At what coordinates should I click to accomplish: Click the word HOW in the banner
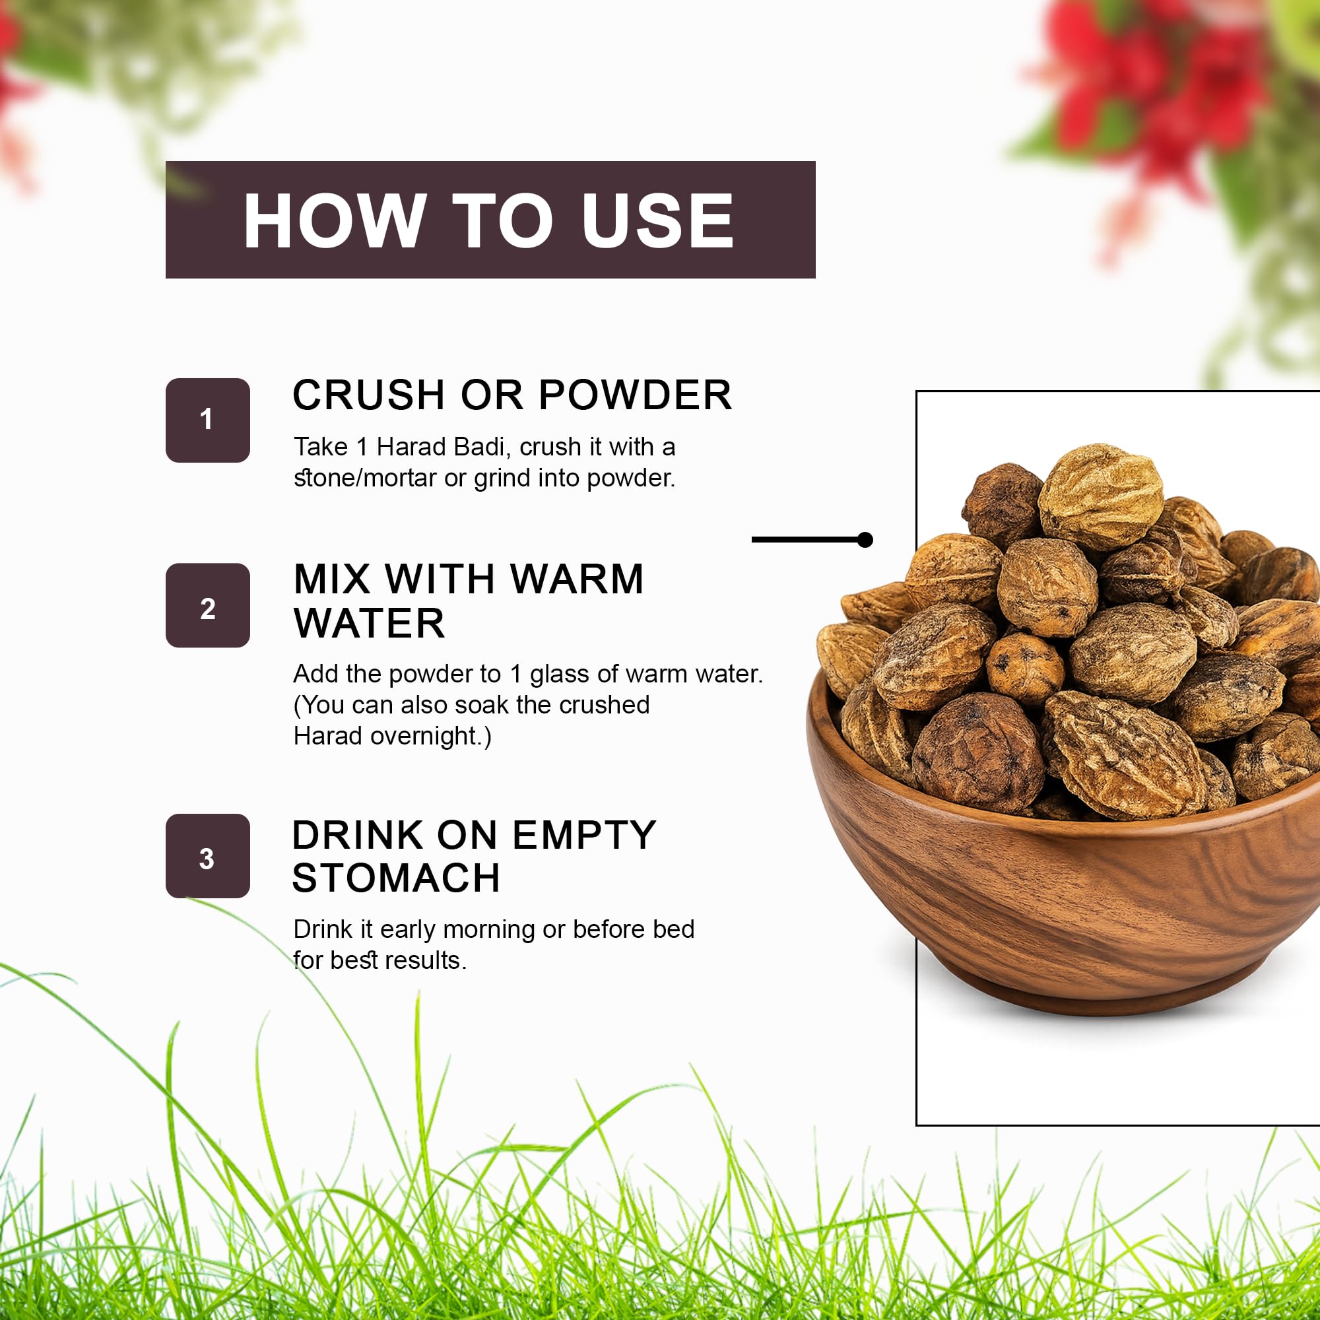pos(335,220)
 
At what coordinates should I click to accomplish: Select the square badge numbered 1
pos(208,420)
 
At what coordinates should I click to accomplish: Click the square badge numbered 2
pos(208,605)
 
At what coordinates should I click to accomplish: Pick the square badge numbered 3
pos(208,856)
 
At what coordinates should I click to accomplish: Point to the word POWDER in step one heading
pos(636,395)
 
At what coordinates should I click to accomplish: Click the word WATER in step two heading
pos(369,623)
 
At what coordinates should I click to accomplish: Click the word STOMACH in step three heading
pos(396,878)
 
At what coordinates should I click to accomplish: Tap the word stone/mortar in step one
pos(366,478)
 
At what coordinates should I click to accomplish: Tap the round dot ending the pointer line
pos(865,540)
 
